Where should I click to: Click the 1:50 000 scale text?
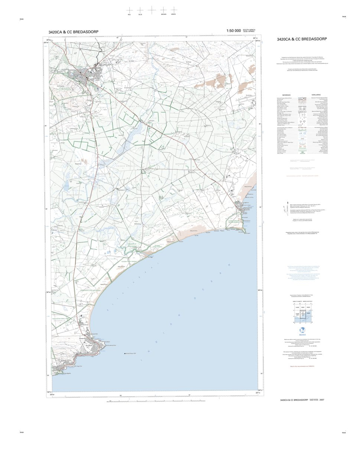coord(233,31)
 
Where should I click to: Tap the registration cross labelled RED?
coord(129,10)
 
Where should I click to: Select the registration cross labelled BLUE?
coord(140,10)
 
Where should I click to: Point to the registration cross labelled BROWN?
coord(163,10)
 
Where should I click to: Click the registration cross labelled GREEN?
coord(173,10)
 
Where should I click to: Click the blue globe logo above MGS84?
coord(302,330)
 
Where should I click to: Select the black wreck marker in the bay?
coord(125,353)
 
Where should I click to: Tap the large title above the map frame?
coord(73,32)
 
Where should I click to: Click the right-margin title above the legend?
coord(302,39)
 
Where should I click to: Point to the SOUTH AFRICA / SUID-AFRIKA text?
coord(249,30)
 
